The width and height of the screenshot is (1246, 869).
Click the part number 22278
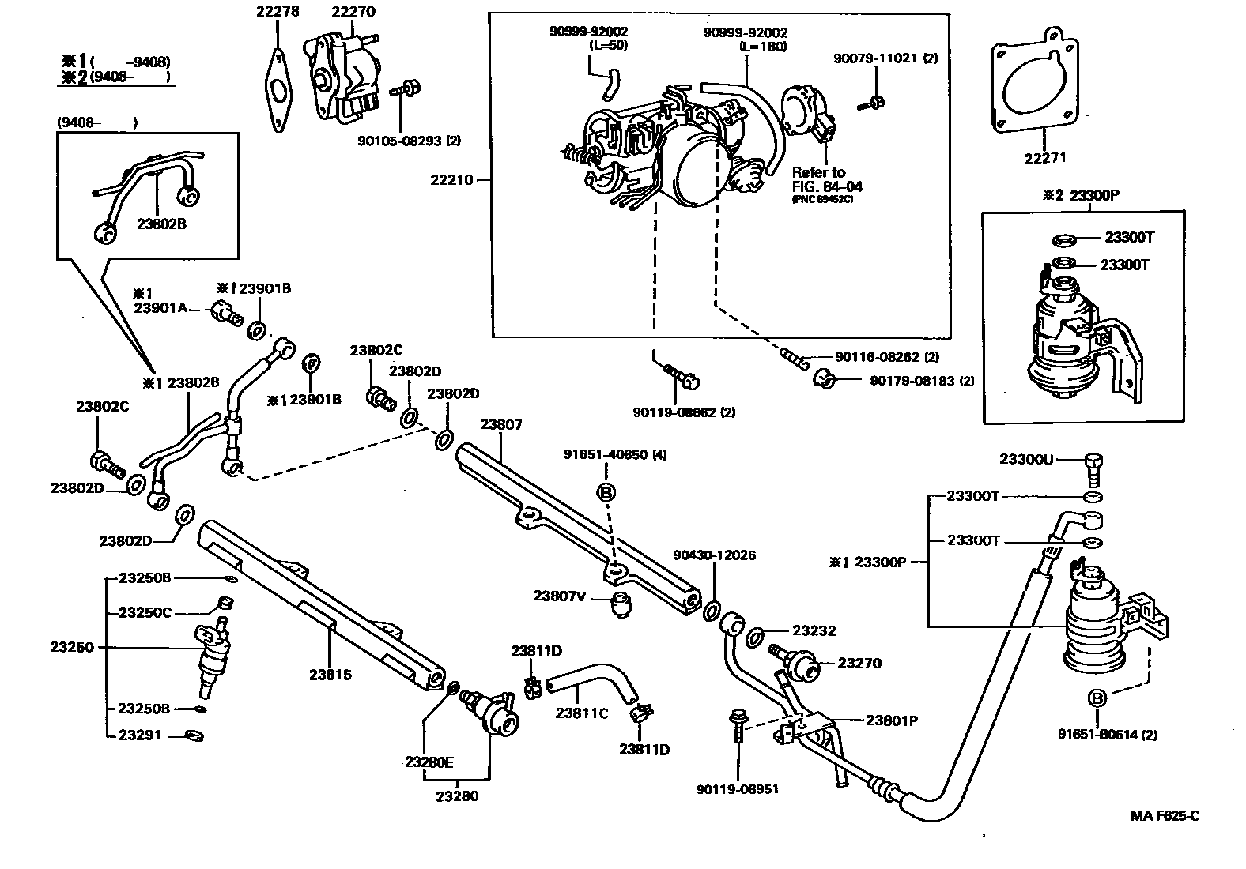click(278, 11)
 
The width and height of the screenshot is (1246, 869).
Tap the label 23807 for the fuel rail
click(500, 424)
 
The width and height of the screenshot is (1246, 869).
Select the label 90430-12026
click(714, 555)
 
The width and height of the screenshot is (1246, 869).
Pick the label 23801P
click(891, 720)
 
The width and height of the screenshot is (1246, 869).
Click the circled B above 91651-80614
click(1097, 698)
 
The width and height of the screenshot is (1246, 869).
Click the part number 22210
click(451, 179)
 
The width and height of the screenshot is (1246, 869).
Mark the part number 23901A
click(160, 308)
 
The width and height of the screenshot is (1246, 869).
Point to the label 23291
click(140, 735)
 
